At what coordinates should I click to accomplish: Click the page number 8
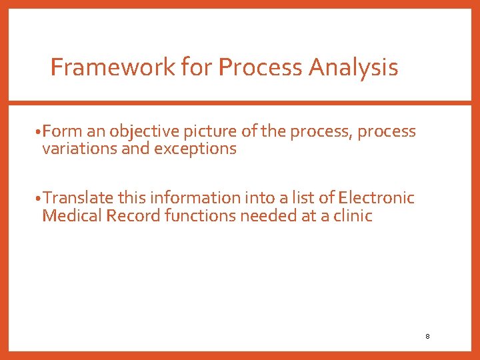pos(427,336)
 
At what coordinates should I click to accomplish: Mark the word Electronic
pos(376,198)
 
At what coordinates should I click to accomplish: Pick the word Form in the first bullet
pos(60,132)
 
